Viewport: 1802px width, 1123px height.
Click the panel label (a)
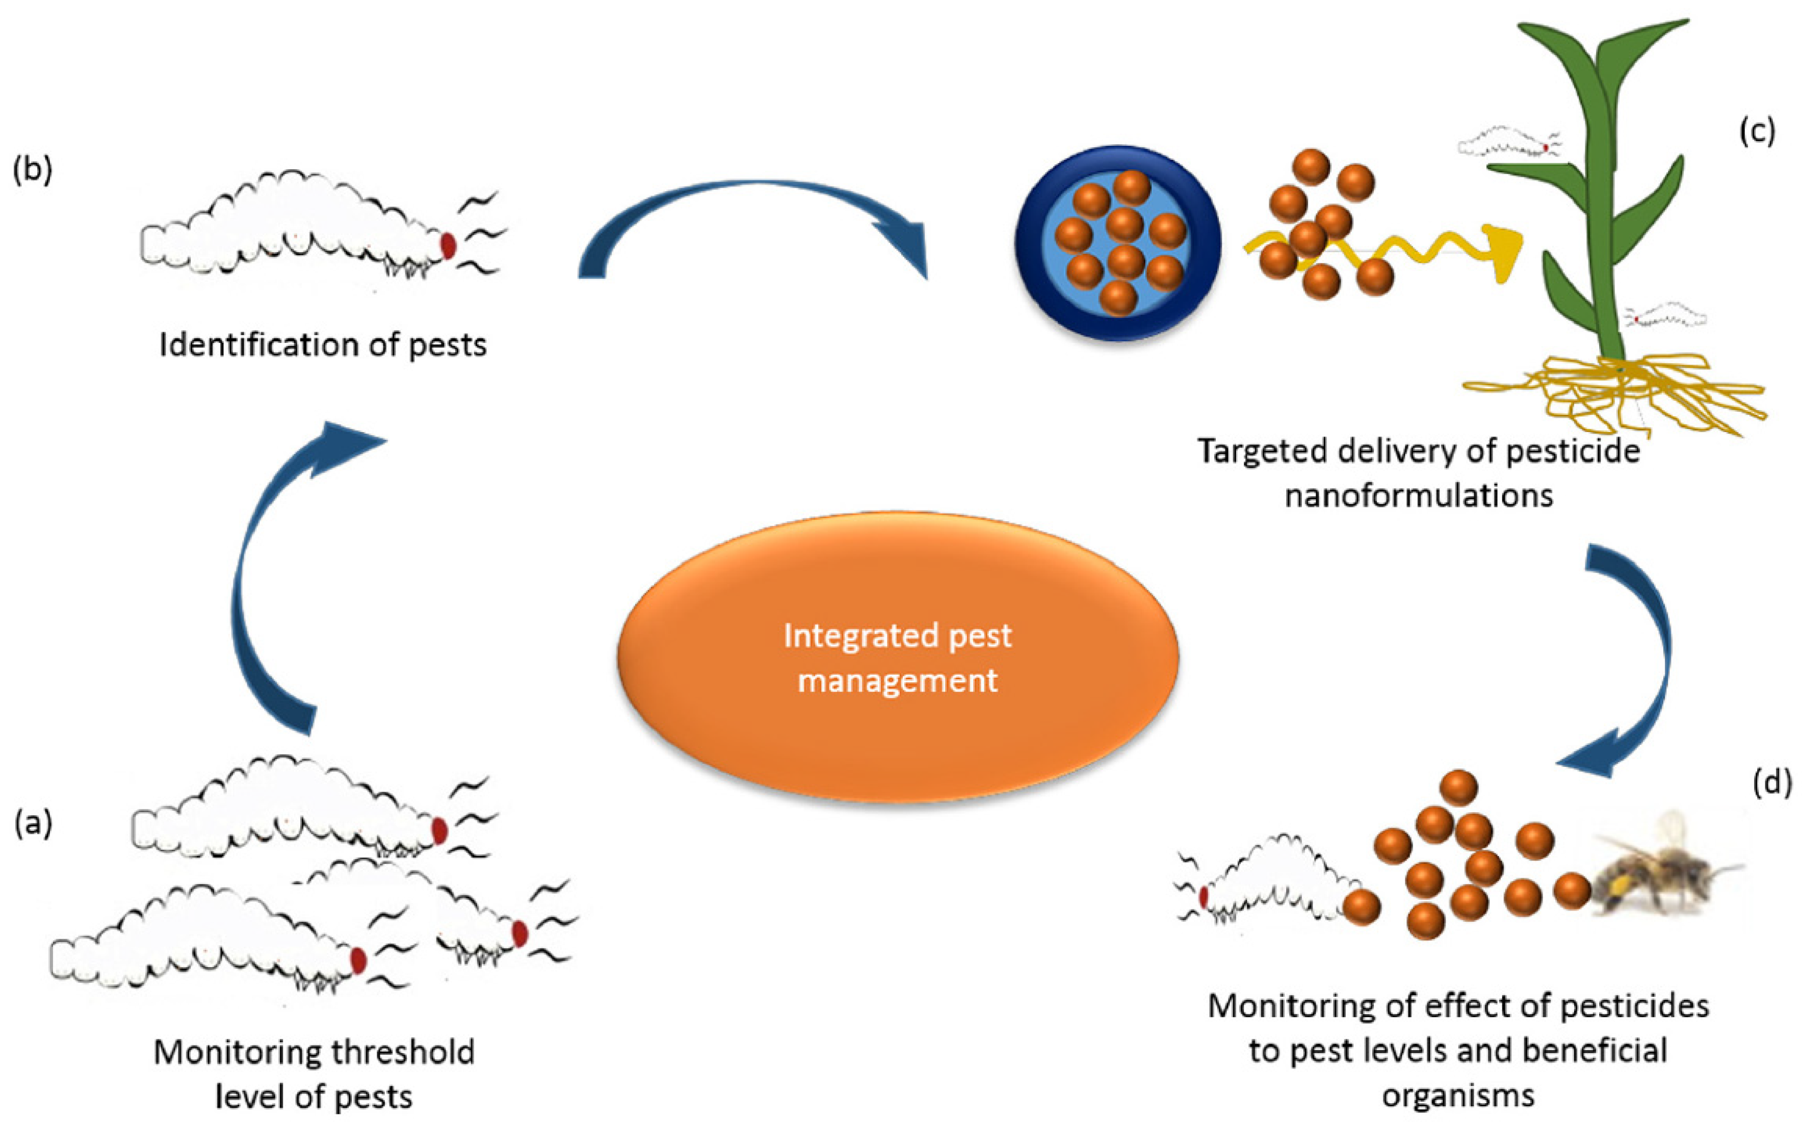point(33,824)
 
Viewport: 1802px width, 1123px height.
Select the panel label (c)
point(1757,131)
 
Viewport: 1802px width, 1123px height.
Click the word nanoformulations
point(1419,495)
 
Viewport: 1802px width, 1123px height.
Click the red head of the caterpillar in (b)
point(448,245)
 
